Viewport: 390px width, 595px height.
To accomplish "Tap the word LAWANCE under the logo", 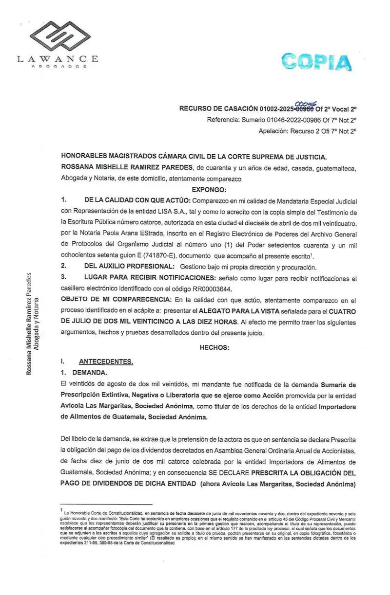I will click(58, 59).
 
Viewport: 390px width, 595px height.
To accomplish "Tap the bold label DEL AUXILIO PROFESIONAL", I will click(129, 267).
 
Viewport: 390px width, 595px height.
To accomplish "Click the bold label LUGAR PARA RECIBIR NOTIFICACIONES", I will click(153, 278).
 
